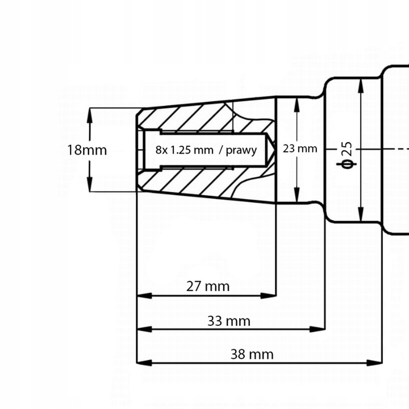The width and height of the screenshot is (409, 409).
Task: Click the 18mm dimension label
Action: point(87,151)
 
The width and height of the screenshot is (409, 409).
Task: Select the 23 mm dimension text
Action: point(299,149)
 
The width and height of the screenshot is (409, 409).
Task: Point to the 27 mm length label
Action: point(208,286)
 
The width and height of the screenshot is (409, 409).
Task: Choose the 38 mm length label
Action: point(252,354)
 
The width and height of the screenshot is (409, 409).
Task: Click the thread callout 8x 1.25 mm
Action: point(183,150)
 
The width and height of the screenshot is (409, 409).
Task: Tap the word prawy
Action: point(241,150)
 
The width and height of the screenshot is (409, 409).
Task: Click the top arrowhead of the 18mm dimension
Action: point(90,114)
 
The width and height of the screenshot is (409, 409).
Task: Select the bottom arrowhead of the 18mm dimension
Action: point(90,186)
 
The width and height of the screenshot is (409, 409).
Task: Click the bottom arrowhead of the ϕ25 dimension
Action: point(360,215)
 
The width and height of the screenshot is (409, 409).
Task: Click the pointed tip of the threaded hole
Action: point(275,150)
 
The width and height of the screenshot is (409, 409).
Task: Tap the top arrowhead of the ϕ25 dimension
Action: point(360,85)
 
